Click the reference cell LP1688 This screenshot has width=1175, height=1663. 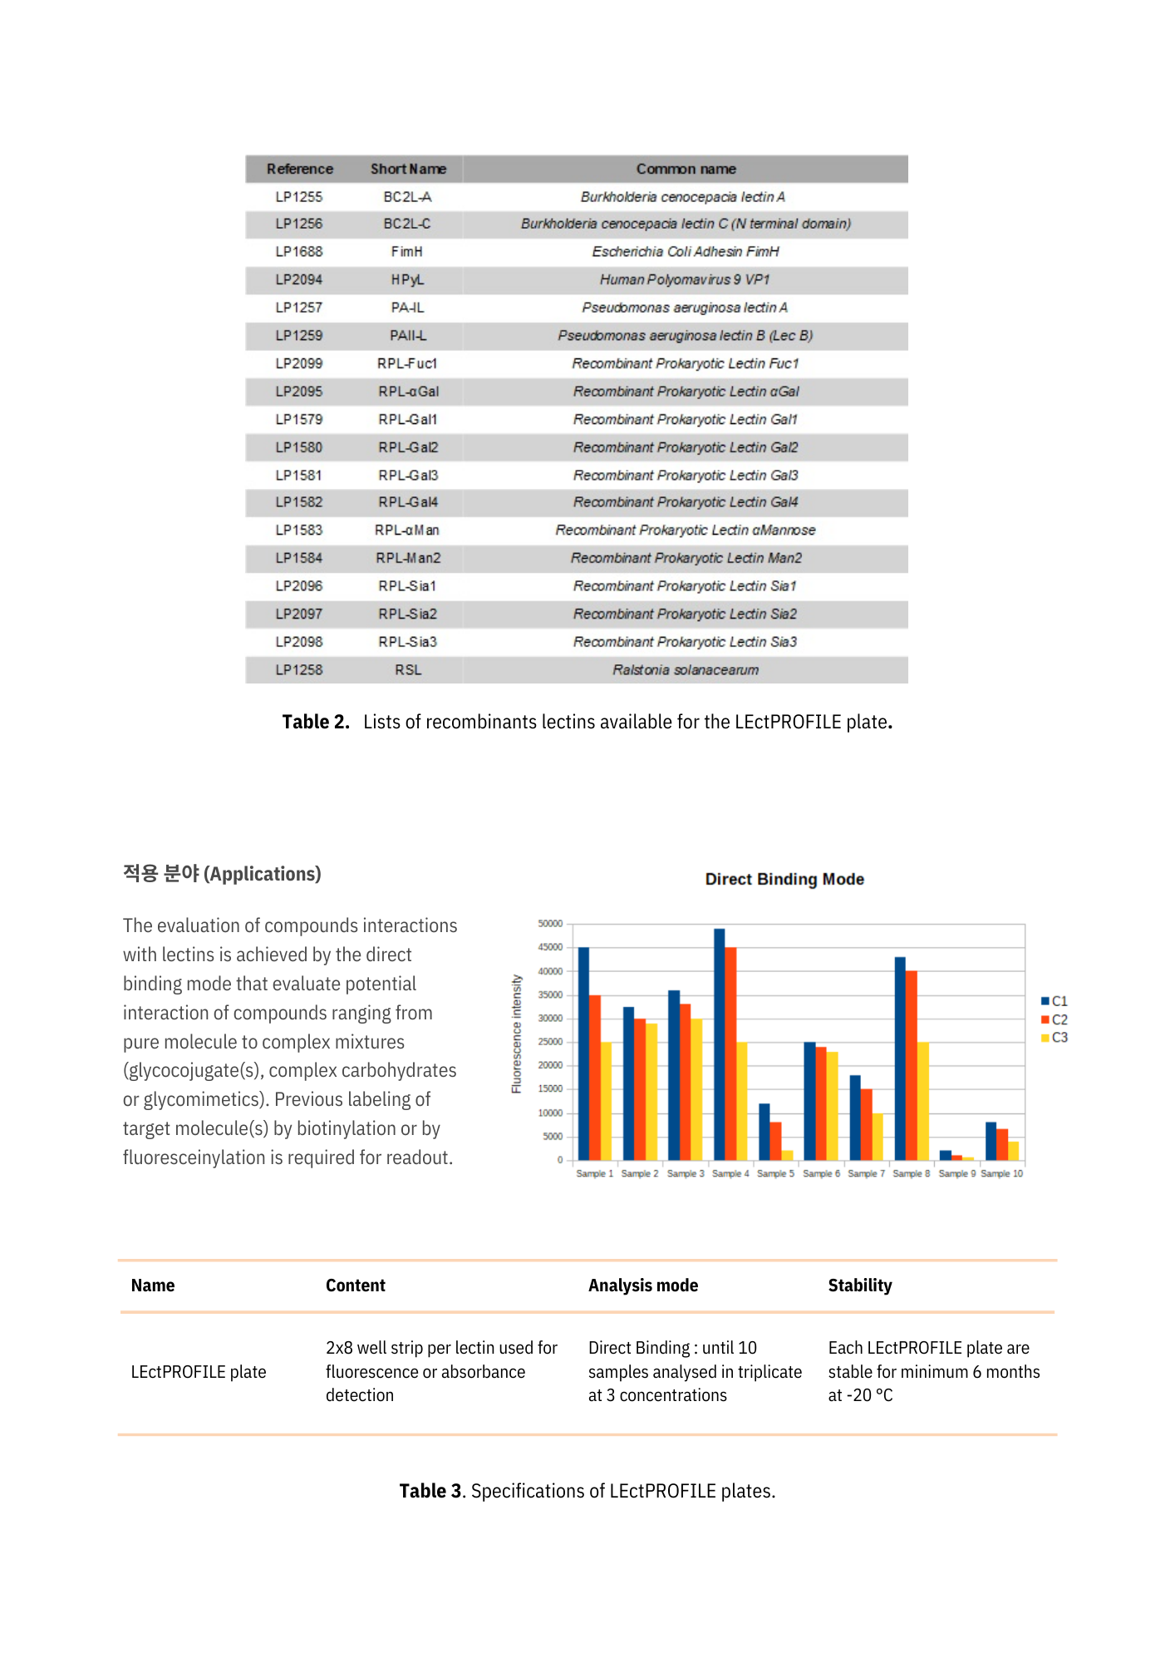pos(299,252)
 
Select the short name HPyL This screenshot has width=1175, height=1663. pos(407,280)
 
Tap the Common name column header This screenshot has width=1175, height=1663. pos(686,169)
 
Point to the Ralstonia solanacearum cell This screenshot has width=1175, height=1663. pos(686,670)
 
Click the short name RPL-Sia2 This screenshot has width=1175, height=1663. pos(407,614)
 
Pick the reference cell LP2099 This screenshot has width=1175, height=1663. pos(299,363)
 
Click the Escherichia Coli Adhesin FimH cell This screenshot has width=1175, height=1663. pos(686,252)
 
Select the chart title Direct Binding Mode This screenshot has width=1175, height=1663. pos(784,879)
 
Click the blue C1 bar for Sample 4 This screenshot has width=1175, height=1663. pos(720,1044)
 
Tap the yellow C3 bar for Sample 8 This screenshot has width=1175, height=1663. pos(923,1101)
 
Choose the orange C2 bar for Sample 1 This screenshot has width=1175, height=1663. pos(595,1078)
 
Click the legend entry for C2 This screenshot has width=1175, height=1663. pos(1055,1019)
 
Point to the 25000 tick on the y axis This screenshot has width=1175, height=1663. pos(550,1042)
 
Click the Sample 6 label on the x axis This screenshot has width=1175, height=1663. pos(821,1173)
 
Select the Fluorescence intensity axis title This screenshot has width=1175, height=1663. pos(517,1034)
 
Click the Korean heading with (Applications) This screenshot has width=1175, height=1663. pos(222,874)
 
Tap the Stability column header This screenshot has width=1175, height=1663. pos(860,1285)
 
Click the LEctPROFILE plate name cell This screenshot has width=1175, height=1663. pos(199,1372)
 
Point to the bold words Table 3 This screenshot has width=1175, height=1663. pos(430,1491)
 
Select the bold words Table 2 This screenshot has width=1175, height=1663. pos(316,722)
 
